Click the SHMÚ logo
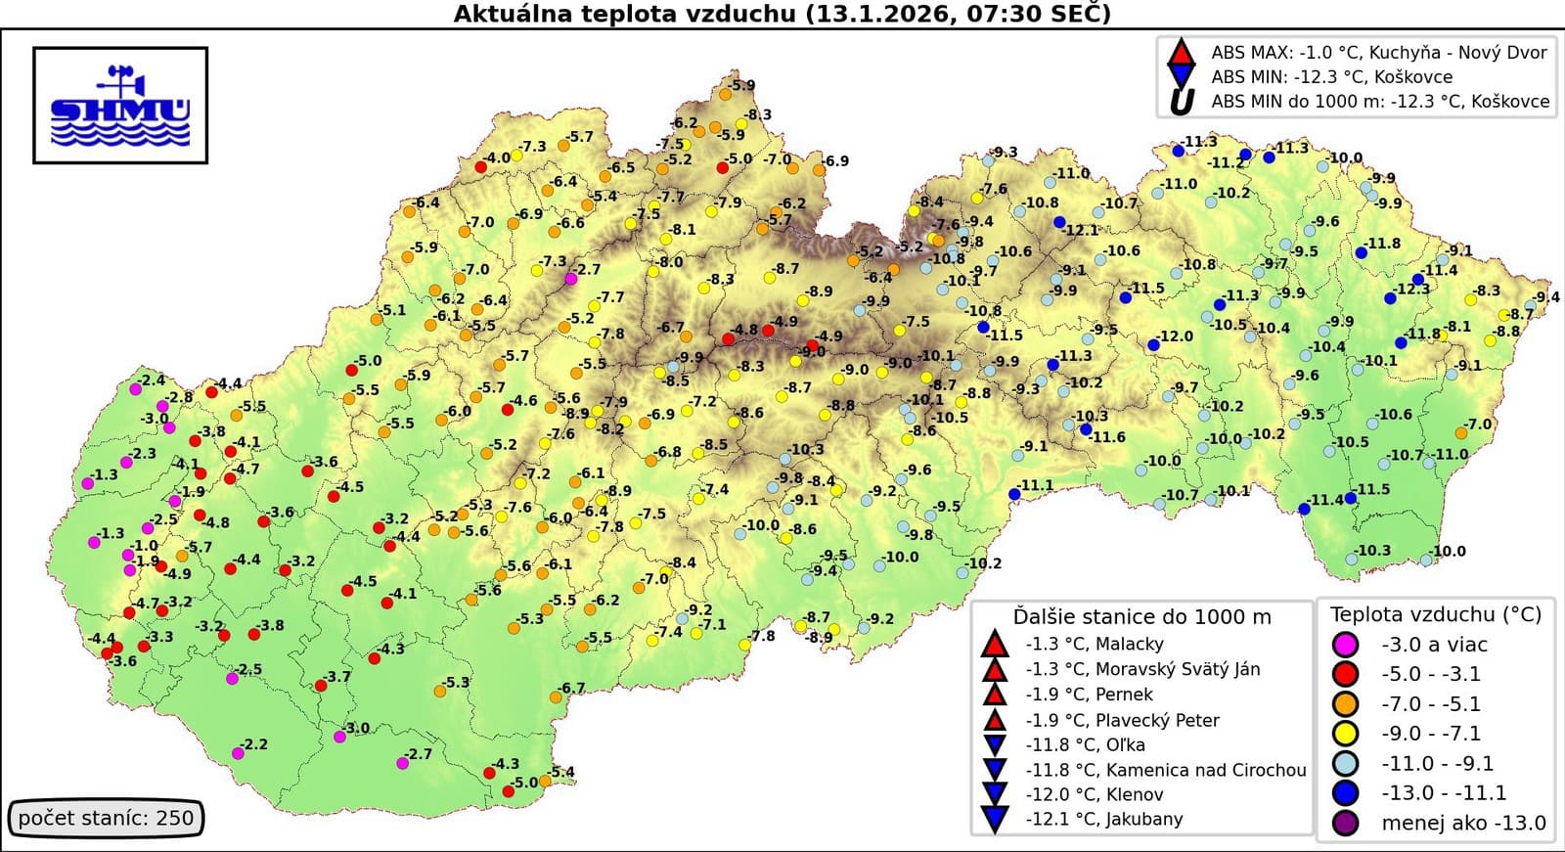[120, 106]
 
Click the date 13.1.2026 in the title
[889, 14]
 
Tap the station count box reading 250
[106, 818]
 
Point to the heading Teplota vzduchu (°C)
[1435, 614]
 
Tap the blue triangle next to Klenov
[994, 793]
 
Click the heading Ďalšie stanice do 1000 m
[1141, 616]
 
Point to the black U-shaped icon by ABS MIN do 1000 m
[1182, 101]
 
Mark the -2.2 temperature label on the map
[254, 744]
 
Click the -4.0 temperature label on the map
[498, 157]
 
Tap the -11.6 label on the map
[1108, 437]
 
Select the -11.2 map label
[1225, 163]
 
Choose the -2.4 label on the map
[152, 380]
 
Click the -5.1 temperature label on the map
[393, 310]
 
